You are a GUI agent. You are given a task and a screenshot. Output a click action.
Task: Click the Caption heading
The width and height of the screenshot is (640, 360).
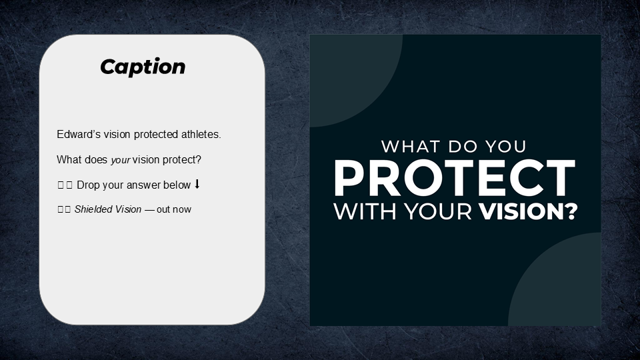(x=143, y=67)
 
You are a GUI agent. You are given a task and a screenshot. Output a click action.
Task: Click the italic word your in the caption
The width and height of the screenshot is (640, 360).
(x=120, y=161)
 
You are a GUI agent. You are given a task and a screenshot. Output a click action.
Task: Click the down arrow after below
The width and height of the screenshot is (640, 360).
(x=197, y=185)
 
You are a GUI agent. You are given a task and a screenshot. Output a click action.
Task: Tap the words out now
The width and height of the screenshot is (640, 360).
(x=174, y=209)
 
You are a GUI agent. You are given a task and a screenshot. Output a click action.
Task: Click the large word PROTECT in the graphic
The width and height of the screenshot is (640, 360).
(x=455, y=178)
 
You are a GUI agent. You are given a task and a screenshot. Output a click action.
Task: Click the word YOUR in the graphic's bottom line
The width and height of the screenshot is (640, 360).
(x=434, y=211)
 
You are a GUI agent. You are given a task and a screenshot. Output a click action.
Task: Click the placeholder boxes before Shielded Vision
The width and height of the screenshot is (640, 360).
(x=64, y=209)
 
